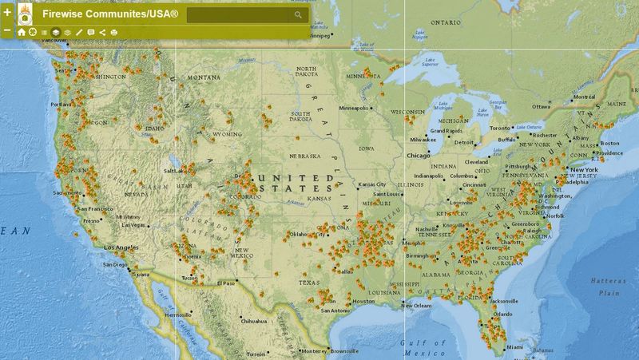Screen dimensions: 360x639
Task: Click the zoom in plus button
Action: coord(7,14)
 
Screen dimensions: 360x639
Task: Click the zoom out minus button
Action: coord(7,30)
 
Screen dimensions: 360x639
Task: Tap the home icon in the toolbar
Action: coord(22,33)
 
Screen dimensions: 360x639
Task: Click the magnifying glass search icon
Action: coord(298,14)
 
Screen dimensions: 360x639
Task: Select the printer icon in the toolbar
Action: coord(113,33)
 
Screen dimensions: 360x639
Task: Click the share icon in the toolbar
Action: coord(102,33)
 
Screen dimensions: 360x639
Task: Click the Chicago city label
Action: coord(418,156)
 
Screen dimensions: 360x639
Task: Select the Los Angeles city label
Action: coord(120,247)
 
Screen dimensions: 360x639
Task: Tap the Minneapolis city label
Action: coord(354,109)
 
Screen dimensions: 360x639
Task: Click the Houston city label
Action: coord(363,301)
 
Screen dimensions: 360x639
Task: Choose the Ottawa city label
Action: coord(542,106)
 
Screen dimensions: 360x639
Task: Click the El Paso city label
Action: coord(226,283)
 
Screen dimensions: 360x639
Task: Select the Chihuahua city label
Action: coord(254,321)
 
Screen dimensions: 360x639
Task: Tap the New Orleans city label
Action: coord(417,306)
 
